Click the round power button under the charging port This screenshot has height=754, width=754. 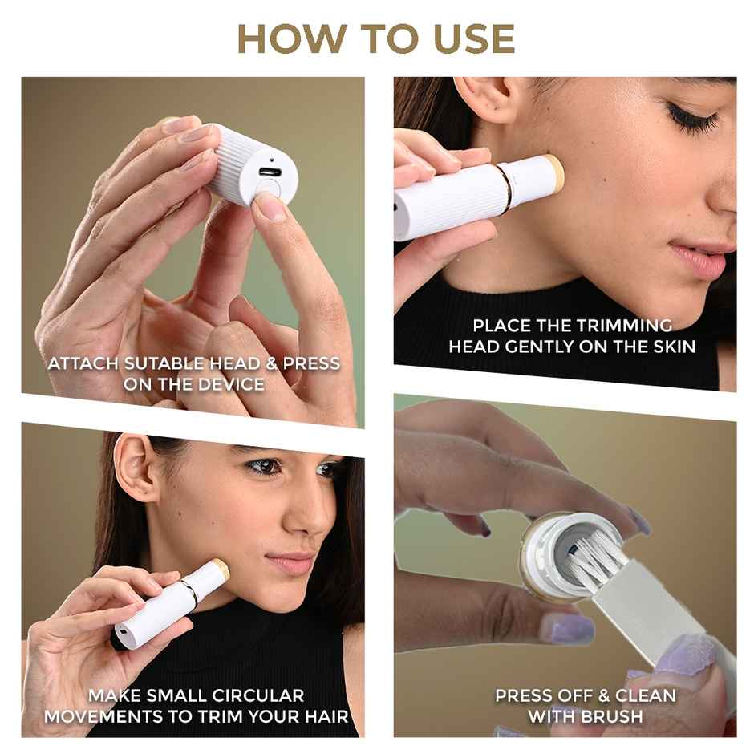point(266,190)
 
